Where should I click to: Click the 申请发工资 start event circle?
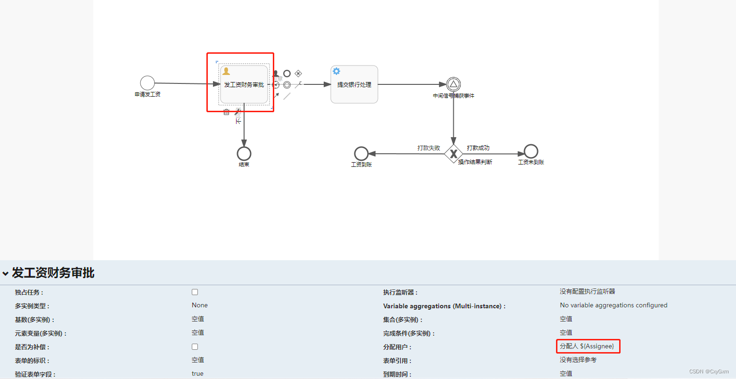point(147,83)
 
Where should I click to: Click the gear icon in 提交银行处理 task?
point(336,71)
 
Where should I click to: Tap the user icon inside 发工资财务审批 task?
point(226,71)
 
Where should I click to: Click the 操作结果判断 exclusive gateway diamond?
point(453,154)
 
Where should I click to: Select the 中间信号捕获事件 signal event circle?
point(453,84)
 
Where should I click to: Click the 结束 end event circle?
point(244,154)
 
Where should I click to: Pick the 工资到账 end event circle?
point(361,154)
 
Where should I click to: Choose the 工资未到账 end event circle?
point(531,151)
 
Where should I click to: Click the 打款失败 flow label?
point(428,148)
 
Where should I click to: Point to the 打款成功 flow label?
point(478,148)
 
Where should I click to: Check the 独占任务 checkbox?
point(195,292)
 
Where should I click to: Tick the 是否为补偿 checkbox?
point(195,347)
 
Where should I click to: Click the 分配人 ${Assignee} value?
point(587,346)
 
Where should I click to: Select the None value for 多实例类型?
point(200,305)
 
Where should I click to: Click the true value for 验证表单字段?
point(197,373)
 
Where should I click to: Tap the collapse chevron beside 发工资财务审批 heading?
point(5,273)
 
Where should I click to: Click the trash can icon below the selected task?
point(226,112)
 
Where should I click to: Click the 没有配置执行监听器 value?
point(587,291)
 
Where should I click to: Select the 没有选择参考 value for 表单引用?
point(578,360)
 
